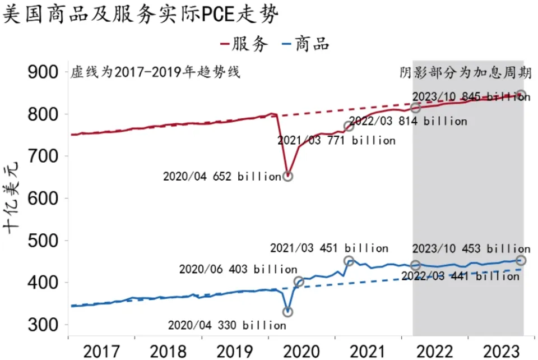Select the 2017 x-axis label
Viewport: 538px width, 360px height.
tap(101, 352)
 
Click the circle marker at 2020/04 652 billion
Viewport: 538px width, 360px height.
tap(288, 176)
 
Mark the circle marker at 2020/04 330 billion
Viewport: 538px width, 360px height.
tap(287, 312)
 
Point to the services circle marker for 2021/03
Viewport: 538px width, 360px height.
tap(349, 126)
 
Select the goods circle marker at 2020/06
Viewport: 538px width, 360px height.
tap(299, 281)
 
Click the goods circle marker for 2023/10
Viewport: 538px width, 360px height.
tap(521, 260)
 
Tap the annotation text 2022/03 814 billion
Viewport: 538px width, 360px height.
tap(407, 121)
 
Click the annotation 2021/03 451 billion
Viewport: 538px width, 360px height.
tap(329, 248)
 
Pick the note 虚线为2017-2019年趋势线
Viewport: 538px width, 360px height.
tap(155, 72)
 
